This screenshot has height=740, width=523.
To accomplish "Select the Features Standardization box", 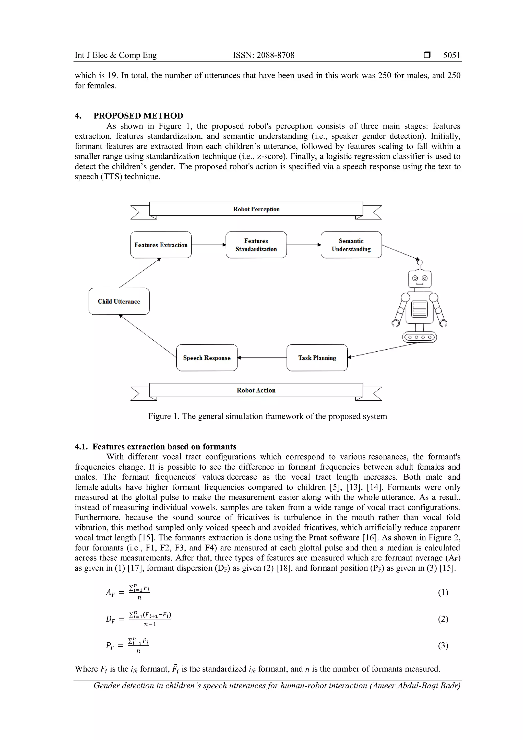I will pos(256,245).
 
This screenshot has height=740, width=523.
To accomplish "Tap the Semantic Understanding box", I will pos(351,245).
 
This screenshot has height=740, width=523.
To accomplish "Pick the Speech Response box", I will pos(207,358).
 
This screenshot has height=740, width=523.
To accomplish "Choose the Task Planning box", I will pos(317,358).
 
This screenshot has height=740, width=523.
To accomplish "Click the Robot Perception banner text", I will pos(256,209).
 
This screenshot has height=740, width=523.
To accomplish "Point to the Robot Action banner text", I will pos(256,390).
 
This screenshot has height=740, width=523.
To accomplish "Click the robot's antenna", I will pos(420,265).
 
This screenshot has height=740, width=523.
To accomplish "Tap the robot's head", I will pos(420,279).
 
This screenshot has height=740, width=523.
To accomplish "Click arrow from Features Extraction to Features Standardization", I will pos(209,245).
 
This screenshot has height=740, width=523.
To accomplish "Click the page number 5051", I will pos(451,55).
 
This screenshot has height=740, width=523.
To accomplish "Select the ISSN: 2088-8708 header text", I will pos(264,55).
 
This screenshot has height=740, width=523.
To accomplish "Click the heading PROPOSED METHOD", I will pos(138,116).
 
